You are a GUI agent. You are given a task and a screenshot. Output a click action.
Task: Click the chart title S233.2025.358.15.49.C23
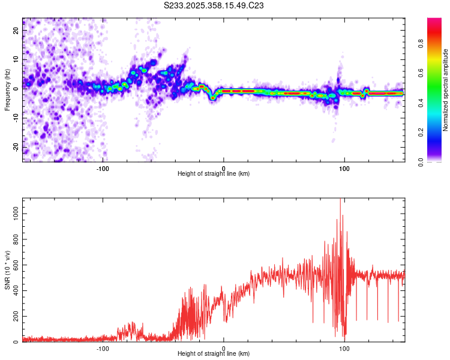[214, 5]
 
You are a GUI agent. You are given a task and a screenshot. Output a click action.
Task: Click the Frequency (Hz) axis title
[7, 89]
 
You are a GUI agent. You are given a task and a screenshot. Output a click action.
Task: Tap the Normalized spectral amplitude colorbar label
[446, 90]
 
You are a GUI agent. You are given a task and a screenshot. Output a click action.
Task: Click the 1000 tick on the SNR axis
[13, 213]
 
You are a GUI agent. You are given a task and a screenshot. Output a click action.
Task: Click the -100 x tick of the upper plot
[103, 169]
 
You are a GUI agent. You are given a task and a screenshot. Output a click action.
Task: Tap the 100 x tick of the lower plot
[344, 349]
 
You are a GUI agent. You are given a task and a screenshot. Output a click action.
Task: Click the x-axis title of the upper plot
[214, 174]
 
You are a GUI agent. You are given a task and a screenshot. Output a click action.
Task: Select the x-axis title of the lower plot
[214, 354]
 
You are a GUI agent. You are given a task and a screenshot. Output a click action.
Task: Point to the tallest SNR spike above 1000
[340, 200]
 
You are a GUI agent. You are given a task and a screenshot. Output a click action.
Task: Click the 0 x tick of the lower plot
[224, 349]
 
